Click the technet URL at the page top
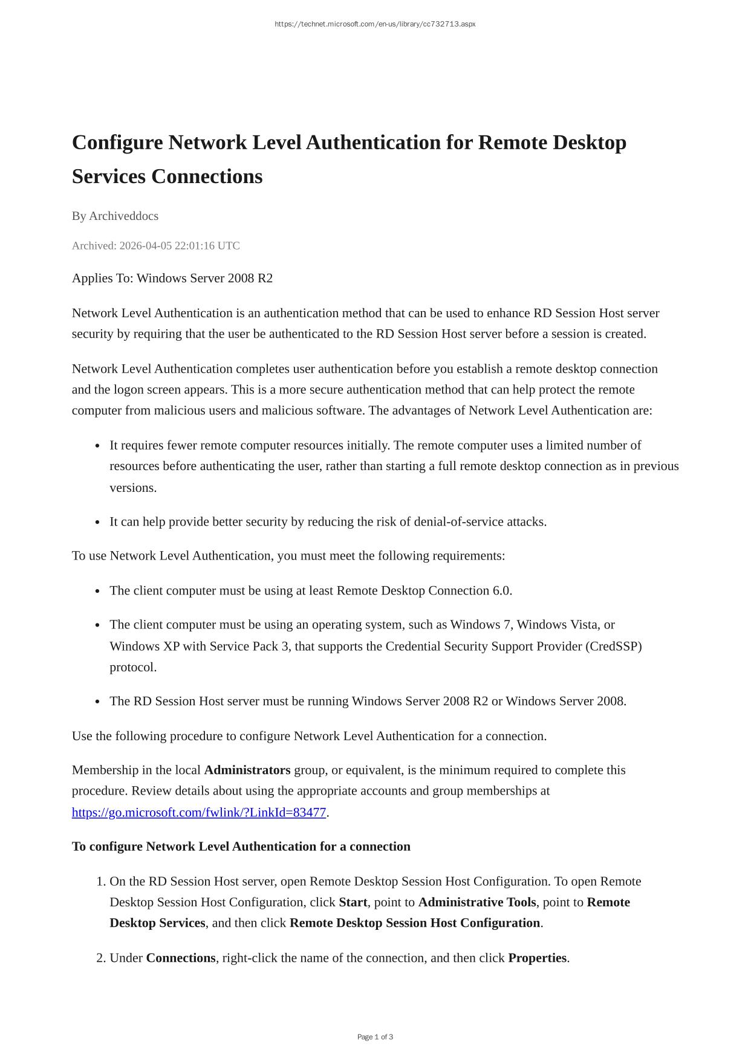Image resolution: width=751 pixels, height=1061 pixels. point(375,24)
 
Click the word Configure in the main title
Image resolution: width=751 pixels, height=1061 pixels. point(117,143)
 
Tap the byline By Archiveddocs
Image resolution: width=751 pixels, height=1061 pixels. point(115,216)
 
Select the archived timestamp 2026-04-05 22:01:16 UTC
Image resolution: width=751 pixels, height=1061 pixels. point(179,246)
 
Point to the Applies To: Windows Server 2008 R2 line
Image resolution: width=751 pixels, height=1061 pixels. point(172,279)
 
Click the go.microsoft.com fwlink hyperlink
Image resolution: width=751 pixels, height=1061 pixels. point(199,813)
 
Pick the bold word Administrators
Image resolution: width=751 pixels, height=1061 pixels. point(247,770)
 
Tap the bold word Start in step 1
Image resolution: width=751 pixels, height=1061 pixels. point(353,903)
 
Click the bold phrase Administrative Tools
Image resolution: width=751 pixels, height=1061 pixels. point(477,903)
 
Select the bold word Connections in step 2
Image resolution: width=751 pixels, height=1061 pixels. point(181,958)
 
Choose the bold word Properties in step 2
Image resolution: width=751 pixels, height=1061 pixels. point(538,958)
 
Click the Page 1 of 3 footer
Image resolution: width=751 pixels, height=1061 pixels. point(375,1037)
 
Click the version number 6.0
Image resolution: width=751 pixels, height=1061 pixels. point(502,591)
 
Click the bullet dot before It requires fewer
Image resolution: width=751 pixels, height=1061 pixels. point(97,447)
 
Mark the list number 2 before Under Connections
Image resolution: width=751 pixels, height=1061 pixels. point(100,958)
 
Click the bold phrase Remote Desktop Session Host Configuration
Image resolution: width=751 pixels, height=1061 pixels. point(415,923)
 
